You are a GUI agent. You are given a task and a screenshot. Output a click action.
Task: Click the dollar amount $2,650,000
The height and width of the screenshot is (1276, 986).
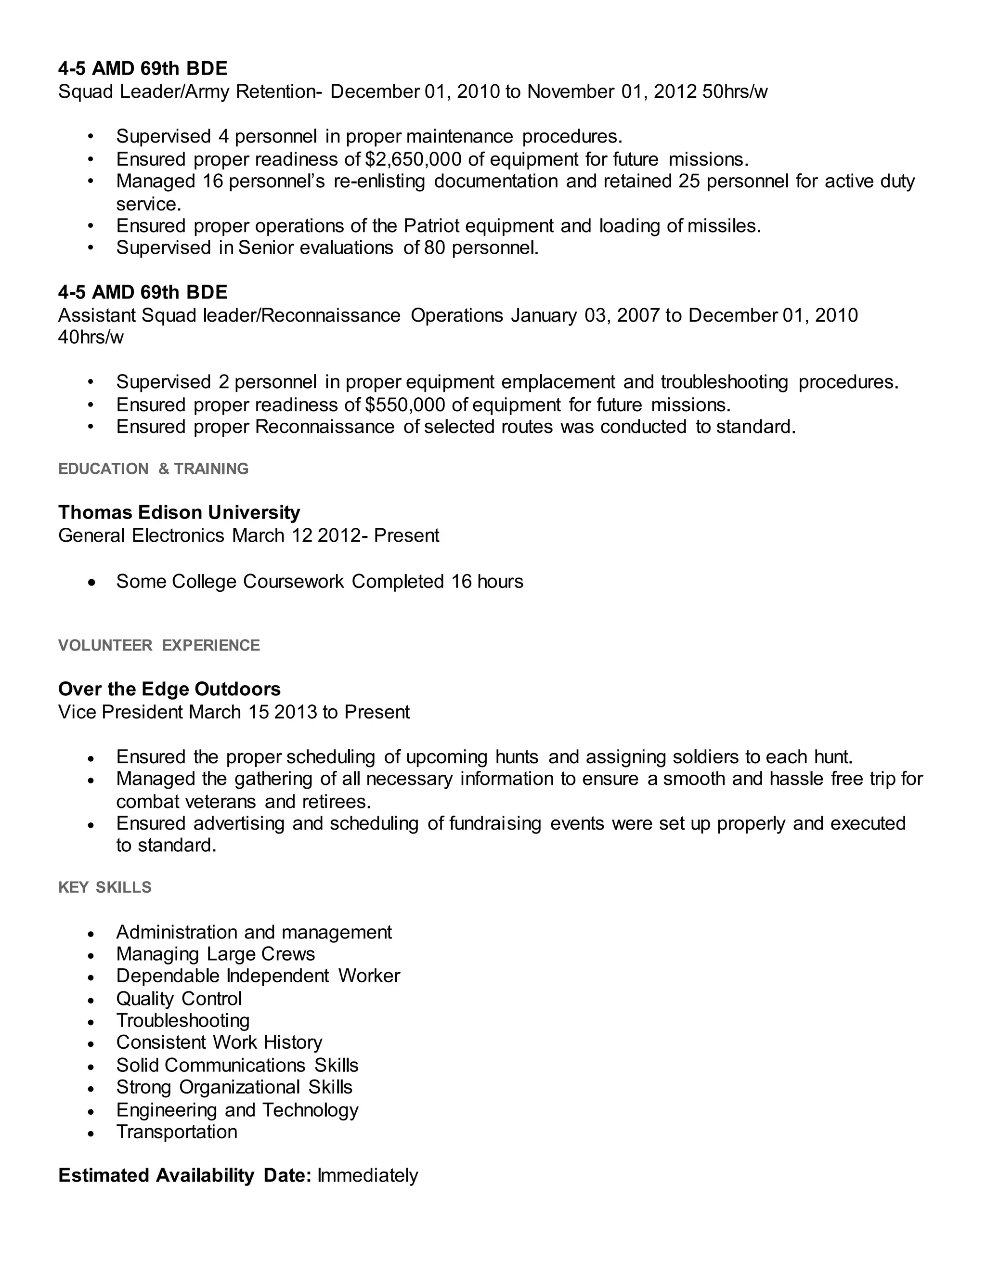[413, 159]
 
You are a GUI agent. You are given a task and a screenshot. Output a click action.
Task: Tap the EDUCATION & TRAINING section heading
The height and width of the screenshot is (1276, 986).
[153, 469]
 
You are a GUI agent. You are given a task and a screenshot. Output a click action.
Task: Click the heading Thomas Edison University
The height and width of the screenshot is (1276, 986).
[179, 512]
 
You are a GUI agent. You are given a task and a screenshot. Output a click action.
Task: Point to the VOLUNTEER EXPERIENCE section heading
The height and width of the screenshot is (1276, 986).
[159, 645]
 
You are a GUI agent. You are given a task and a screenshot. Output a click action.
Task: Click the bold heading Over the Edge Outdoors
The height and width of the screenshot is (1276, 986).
[169, 689]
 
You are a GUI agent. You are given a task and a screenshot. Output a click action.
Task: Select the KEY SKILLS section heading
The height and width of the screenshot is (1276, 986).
[104, 887]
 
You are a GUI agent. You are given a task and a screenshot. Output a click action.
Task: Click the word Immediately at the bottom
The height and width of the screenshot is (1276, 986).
[367, 1175]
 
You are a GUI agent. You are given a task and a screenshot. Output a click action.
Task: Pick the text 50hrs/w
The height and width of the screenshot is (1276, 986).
[735, 91]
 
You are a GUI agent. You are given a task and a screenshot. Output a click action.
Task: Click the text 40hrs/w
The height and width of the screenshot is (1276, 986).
[91, 337]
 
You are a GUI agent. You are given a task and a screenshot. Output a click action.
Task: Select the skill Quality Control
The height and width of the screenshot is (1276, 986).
[179, 999]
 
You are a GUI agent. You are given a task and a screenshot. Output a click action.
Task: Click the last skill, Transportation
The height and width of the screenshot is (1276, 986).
[176, 1132]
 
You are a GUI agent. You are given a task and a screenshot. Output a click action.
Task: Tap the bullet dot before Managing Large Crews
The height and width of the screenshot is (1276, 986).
[91, 955]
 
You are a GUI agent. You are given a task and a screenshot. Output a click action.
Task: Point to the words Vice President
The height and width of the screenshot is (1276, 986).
[120, 712]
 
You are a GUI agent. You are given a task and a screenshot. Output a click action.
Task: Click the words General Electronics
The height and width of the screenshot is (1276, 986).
[141, 535]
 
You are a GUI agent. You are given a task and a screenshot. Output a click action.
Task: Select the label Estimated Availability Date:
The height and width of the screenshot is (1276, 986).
[184, 1175]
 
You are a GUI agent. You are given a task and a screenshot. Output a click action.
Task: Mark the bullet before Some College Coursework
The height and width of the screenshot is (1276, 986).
[91, 583]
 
